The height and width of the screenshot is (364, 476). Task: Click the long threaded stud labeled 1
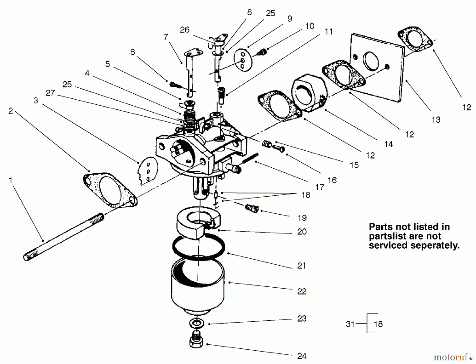coord(63,237)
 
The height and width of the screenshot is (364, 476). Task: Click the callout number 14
coord(388,144)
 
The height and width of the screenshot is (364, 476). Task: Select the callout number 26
coord(185,30)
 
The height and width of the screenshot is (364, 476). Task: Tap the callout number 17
coord(319,187)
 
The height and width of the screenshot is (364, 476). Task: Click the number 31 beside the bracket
coord(350,324)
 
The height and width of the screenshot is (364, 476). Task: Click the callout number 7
coord(166,37)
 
